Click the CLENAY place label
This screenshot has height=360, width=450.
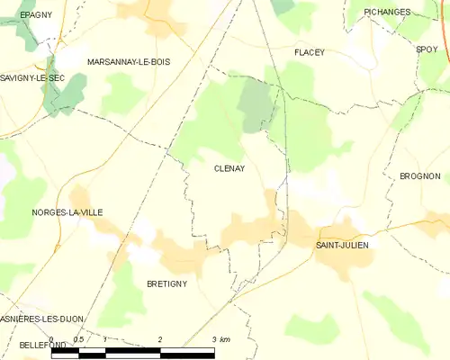[x=229, y=168]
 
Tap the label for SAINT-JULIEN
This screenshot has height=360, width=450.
[x=342, y=245]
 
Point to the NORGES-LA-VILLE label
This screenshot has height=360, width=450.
[x=67, y=212]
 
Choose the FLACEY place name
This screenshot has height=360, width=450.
[x=309, y=53]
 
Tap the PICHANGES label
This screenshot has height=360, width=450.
[x=387, y=12]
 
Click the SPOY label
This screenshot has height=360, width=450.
[x=427, y=50]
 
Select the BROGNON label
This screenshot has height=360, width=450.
[x=419, y=176]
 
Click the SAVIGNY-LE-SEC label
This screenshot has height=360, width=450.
[x=32, y=78]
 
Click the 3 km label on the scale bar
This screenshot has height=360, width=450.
[x=220, y=339]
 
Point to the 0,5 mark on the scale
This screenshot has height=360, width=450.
[x=78, y=339]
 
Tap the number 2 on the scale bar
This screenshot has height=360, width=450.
[x=160, y=339]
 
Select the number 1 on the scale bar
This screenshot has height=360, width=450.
[x=105, y=339]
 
